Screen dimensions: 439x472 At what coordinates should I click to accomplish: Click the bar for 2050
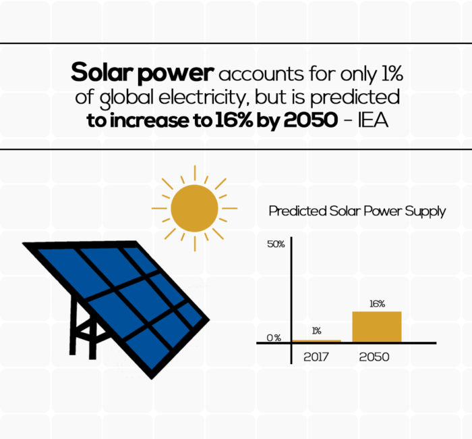(376, 326)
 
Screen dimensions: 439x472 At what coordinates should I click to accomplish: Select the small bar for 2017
(316, 340)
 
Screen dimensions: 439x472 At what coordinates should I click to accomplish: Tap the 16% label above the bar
(377, 304)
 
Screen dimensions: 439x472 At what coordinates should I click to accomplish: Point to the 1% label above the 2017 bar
(316, 330)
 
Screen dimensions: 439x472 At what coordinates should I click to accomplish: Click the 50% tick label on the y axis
(276, 244)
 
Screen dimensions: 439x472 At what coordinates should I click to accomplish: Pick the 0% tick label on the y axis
(273, 338)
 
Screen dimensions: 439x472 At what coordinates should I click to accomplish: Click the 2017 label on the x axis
(316, 356)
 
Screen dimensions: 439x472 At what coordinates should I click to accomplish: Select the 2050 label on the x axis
(374, 356)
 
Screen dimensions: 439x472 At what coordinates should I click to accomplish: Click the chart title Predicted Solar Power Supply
(357, 211)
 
